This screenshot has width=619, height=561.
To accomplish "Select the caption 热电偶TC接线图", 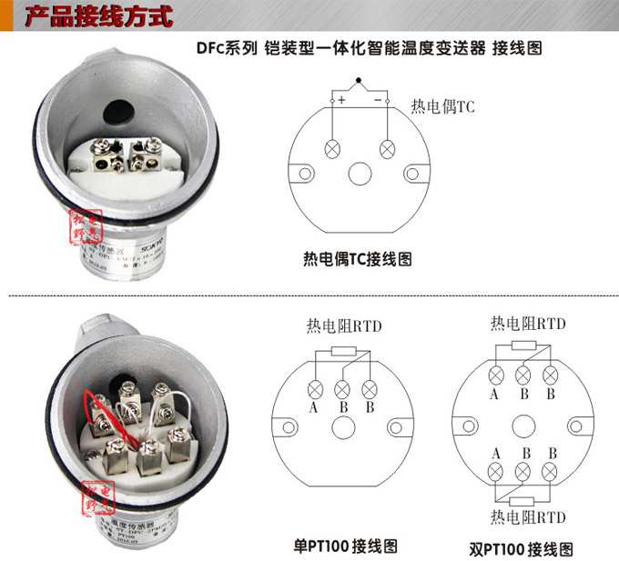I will pos(357,259).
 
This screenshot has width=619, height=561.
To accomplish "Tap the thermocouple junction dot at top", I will pos(360,80).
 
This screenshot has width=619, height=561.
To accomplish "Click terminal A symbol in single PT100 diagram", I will pos(314,389).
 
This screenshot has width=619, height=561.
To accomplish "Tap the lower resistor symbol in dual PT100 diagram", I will pos(523,500).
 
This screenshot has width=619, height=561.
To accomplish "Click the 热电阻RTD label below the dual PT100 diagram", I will pos(528,517).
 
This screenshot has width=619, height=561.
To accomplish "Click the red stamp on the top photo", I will pos(83,228).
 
